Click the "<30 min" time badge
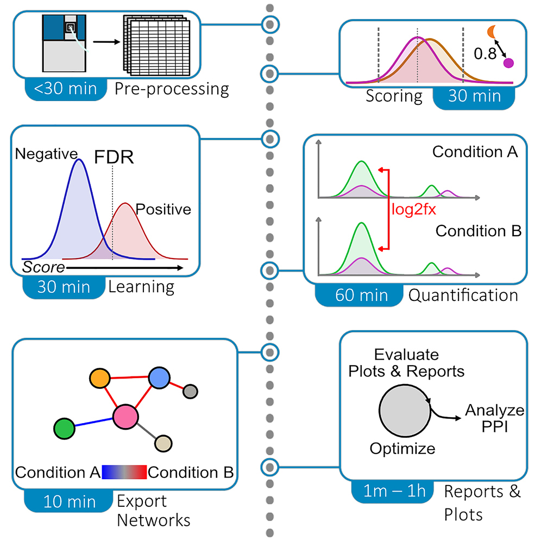[x=65, y=88]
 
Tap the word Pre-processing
[x=172, y=89]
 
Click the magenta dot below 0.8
[x=509, y=63]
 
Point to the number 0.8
[x=486, y=53]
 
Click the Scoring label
[x=394, y=97]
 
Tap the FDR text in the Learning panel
[x=114, y=158]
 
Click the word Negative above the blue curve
[x=46, y=154]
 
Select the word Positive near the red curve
[x=163, y=209]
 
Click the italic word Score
[x=43, y=267]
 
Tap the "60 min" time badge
[x=361, y=295]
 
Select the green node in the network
[x=64, y=429]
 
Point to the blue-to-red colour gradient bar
[x=124, y=472]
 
